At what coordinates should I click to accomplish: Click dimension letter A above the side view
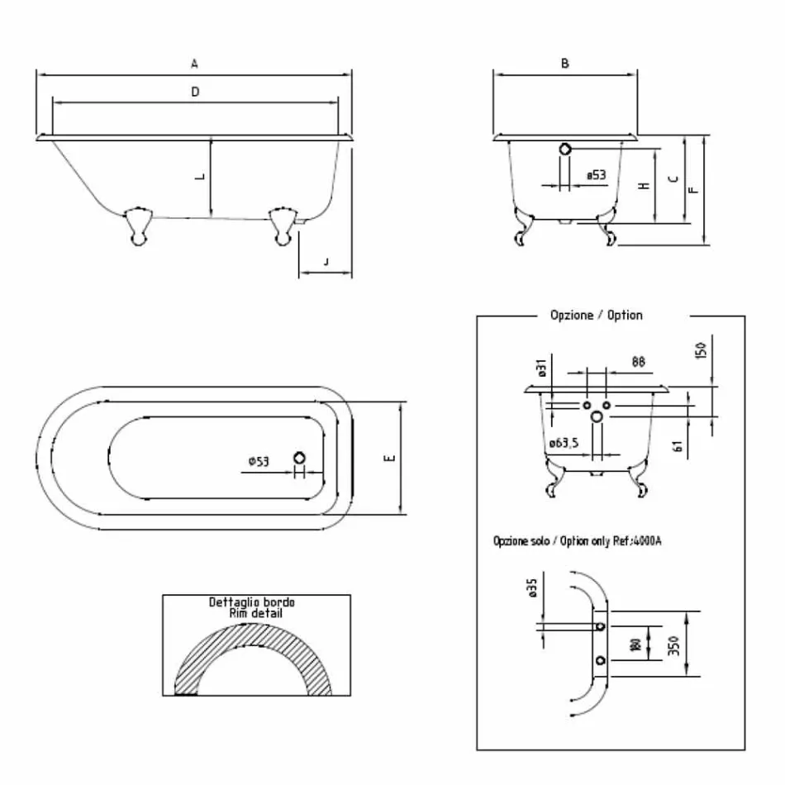click(194, 64)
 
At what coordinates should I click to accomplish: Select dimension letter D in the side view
click(195, 93)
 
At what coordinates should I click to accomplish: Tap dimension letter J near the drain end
click(326, 262)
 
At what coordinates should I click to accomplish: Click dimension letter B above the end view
click(565, 63)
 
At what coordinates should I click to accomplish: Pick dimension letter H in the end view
click(643, 186)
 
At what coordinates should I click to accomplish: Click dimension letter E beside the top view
click(390, 458)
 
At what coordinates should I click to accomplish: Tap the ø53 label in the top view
click(258, 461)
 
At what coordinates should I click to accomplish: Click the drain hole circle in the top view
click(300, 458)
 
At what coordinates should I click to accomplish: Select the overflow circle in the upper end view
click(565, 150)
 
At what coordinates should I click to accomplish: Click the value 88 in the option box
click(638, 361)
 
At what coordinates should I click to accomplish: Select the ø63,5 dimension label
click(563, 444)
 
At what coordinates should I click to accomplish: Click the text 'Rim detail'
click(255, 613)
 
